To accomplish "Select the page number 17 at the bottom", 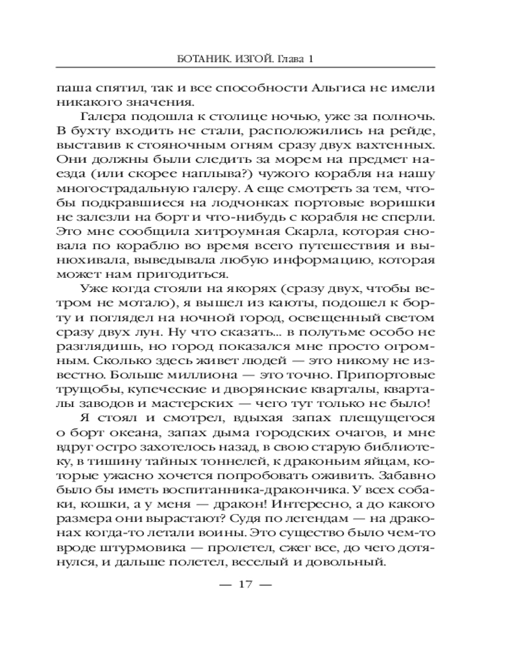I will pyautogui.click(x=245, y=585).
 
